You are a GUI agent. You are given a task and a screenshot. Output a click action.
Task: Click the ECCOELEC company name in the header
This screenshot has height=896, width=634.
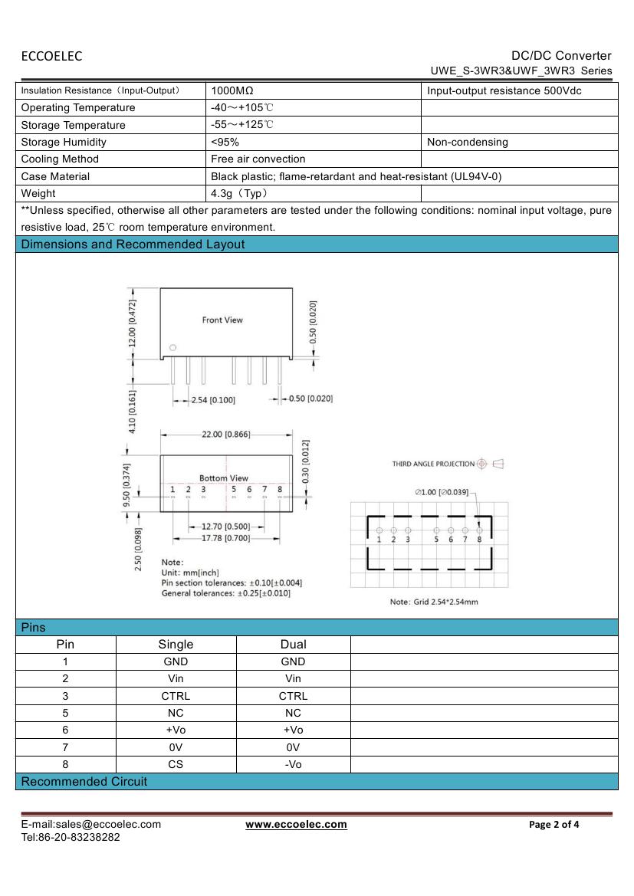[x=51, y=56]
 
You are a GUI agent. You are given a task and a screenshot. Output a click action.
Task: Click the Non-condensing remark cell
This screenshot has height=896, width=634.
[x=468, y=142]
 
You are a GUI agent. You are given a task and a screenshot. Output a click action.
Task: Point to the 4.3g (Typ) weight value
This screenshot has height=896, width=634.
[x=239, y=194]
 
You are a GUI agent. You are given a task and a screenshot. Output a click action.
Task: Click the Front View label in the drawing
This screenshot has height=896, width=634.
[x=222, y=320]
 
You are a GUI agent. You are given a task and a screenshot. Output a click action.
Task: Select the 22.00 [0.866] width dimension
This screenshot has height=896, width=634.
[x=225, y=435]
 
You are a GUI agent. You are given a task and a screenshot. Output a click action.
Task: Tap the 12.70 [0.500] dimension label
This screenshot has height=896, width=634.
[x=225, y=527]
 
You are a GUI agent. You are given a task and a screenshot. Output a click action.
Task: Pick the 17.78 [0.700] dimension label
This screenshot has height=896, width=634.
[x=225, y=539]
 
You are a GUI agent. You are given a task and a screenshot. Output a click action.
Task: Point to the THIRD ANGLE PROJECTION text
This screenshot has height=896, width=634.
[x=433, y=464]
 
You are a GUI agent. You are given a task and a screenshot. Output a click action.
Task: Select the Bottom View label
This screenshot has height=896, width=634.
[x=224, y=478]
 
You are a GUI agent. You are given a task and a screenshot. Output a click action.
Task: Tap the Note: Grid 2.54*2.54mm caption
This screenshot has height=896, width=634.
[x=434, y=602]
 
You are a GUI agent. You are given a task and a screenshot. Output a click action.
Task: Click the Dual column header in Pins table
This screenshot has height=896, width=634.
[x=293, y=645]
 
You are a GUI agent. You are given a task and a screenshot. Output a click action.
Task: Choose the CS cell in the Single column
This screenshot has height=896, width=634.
[x=176, y=764]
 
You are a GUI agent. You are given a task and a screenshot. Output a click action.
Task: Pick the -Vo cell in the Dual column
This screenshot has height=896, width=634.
[x=293, y=764]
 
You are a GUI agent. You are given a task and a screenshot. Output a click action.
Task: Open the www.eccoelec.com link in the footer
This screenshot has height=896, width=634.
[x=296, y=825]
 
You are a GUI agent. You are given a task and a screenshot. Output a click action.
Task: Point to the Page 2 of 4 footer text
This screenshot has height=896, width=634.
[x=554, y=825]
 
